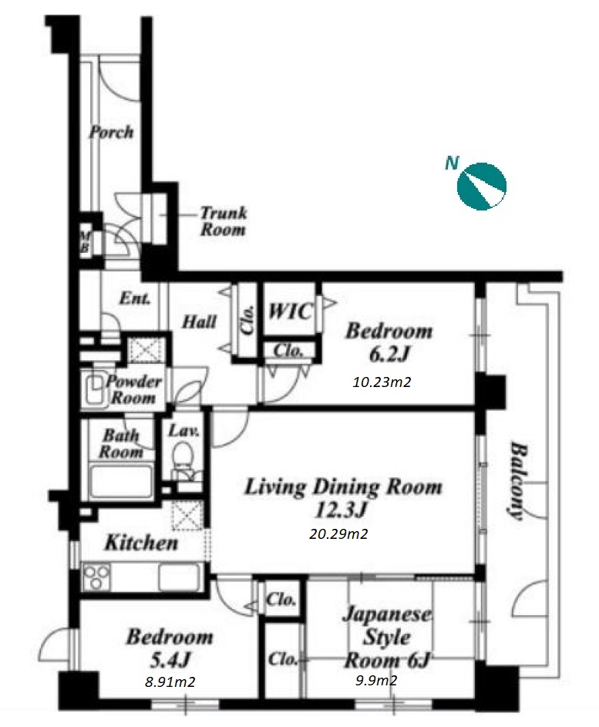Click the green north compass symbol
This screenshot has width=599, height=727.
pos(481,187)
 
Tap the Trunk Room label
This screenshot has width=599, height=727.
pos(223,221)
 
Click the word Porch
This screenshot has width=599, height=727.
pos(111,132)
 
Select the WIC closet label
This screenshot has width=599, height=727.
pos(291,311)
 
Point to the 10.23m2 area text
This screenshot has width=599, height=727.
pos(382,382)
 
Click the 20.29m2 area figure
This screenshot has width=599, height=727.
pos(338,534)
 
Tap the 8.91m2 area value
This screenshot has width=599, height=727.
pos(170,682)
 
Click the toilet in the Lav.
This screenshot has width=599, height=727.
pos(183,456)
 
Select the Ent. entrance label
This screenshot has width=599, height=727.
pos(135,298)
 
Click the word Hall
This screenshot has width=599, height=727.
pos(199,321)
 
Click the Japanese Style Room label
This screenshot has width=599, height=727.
pos(387,637)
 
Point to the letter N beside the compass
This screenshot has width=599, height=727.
pos(452,163)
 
